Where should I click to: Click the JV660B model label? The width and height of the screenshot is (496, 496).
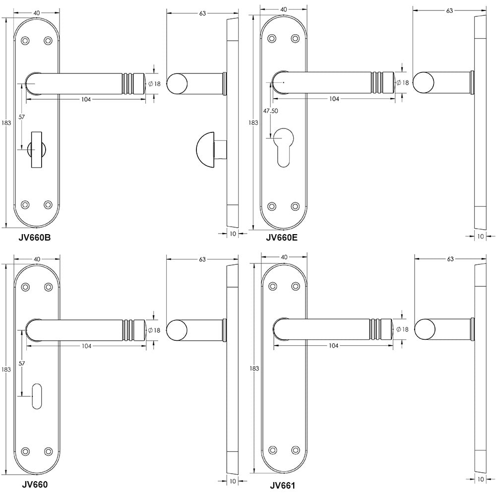pos(34,237)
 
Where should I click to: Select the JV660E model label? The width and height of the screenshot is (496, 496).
pos(282,237)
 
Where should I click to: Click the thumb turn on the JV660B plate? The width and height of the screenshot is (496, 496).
pos(37,149)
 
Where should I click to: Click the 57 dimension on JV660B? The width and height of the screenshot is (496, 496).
pos(22,117)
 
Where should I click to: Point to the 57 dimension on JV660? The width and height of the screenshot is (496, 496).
pos(22,364)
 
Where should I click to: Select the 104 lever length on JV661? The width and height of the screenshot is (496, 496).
pos(333,346)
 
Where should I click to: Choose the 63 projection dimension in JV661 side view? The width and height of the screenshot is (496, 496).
pos(450,258)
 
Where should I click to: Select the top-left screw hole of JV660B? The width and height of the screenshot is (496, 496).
pos(25,40)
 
